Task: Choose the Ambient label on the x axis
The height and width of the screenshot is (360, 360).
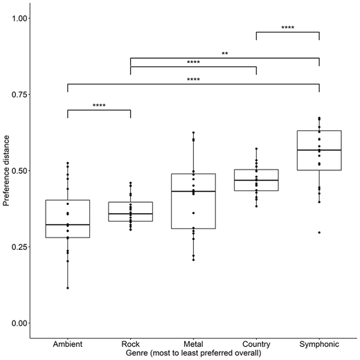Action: click(x=68, y=344)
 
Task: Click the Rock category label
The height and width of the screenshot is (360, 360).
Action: click(x=130, y=344)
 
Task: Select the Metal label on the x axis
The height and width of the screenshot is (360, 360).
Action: click(x=193, y=344)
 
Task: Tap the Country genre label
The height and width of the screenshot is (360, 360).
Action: click(x=256, y=344)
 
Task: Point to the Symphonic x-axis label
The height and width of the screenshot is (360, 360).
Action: click(x=319, y=344)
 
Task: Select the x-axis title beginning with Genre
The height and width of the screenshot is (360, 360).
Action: click(x=193, y=353)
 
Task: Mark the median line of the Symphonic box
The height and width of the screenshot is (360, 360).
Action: click(x=319, y=150)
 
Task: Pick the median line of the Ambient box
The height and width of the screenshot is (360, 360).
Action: click(x=68, y=225)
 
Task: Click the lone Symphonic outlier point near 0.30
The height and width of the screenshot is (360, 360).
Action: click(x=319, y=233)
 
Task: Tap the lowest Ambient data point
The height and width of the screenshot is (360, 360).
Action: click(x=68, y=288)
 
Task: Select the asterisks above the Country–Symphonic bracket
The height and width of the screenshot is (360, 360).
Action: click(x=287, y=28)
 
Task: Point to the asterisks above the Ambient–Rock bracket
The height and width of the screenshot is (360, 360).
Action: click(x=99, y=106)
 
